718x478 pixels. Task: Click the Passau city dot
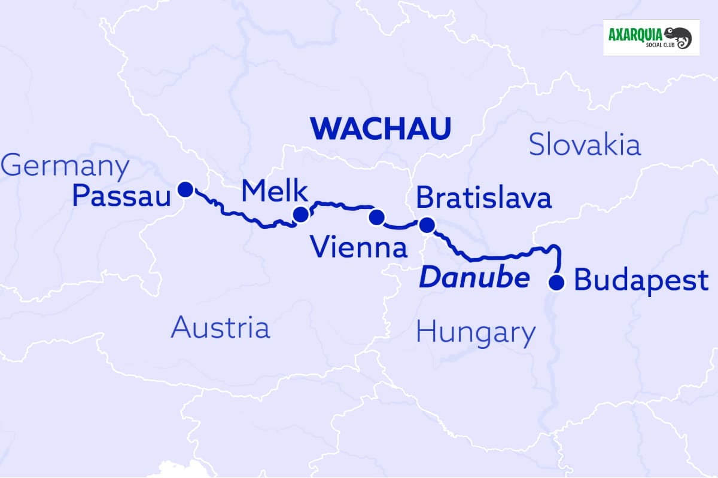[185, 189]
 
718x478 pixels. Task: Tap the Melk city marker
[300, 214]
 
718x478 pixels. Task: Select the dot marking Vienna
[376, 217]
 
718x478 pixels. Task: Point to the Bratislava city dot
[427, 225]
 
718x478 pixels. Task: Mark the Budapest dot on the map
[557, 281]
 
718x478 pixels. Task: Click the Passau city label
[121, 196]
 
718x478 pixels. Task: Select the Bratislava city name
[483, 198]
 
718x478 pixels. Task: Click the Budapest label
[641, 281]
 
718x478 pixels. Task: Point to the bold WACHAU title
[380, 129]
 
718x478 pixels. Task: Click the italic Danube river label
[474, 278]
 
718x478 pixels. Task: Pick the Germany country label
[65, 166]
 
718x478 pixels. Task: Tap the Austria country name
[220, 327]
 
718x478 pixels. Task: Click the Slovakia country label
[585, 145]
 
